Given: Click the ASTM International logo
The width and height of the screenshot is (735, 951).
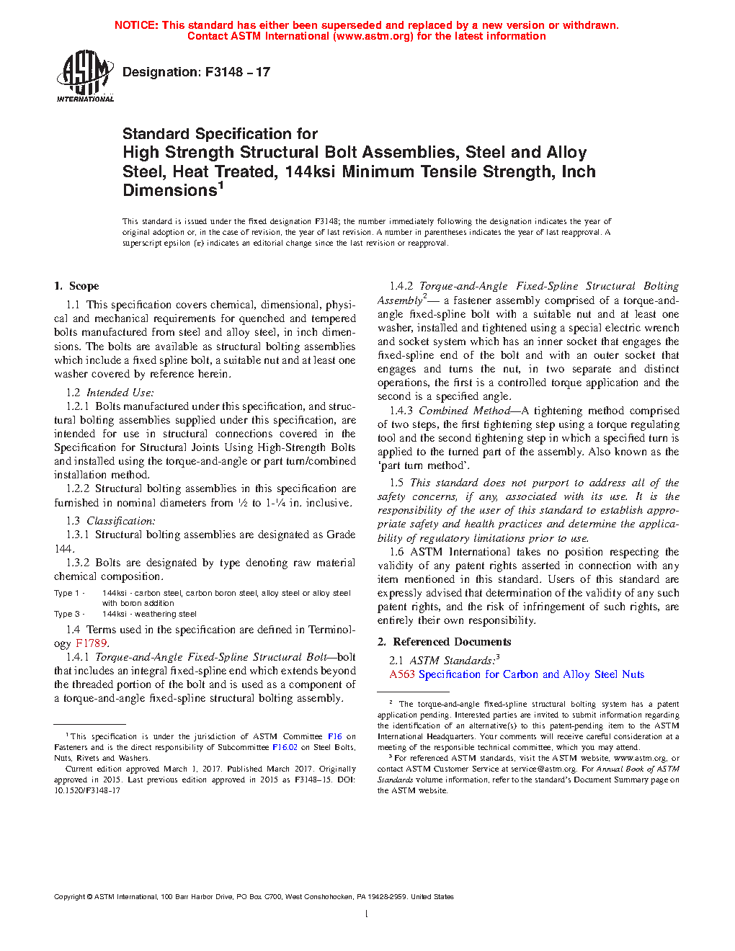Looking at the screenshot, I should tap(84, 75).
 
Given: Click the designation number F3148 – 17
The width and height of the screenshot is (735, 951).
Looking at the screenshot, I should tap(237, 72).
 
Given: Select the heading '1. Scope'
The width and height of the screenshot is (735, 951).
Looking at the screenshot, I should tap(76, 286).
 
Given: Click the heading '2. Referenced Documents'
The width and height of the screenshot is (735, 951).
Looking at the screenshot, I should tap(444, 642).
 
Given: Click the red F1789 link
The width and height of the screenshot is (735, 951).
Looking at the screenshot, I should tap(92, 643).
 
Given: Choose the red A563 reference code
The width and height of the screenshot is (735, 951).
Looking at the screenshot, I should tap(402, 674).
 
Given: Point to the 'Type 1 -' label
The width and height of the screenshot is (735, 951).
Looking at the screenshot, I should tap(69, 593).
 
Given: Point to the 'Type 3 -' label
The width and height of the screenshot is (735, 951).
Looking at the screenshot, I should tap(69, 614).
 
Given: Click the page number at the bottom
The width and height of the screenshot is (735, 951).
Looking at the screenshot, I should tap(367, 914).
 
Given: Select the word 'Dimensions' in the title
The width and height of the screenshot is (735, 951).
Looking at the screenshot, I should tap(170, 191).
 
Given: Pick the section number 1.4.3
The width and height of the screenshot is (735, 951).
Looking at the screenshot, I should tap(401, 411).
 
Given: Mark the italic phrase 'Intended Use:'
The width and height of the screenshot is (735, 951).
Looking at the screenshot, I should tap(120, 393).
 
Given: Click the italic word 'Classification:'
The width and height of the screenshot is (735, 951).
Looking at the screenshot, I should tap(121, 521).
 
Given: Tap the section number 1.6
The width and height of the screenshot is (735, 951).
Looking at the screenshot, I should tap(396, 552).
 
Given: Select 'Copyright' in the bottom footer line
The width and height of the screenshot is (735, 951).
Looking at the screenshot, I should tap(69, 897).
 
